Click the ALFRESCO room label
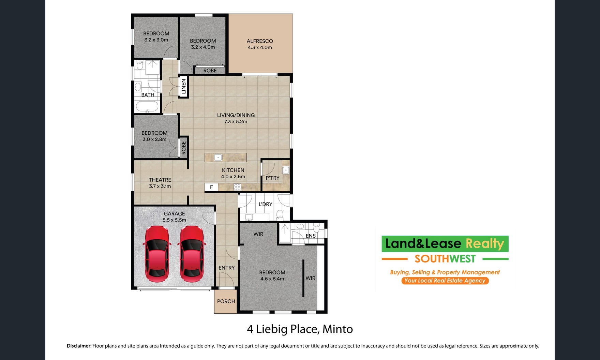click(x=260, y=41)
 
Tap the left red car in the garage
click(x=156, y=254)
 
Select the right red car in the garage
click(x=191, y=254)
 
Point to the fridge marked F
click(x=211, y=187)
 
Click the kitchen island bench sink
click(x=218, y=157)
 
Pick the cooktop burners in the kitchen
click(x=237, y=187)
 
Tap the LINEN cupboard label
click(x=184, y=86)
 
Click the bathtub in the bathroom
click(x=147, y=107)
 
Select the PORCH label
click(x=226, y=301)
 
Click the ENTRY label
click(x=227, y=268)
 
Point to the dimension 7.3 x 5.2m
click(x=236, y=122)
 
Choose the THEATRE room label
click(x=160, y=180)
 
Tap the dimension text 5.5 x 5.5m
click(x=174, y=220)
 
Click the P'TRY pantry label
click(x=272, y=178)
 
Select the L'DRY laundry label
click(x=265, y=204)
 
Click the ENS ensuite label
click(x=311, y=236)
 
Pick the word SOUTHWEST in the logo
click(x=445, y=259)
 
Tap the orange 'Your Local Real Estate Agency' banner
click(x=445, y=281)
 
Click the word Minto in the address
click(x=337, y=329)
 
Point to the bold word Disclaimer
click(x=79, y=346)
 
